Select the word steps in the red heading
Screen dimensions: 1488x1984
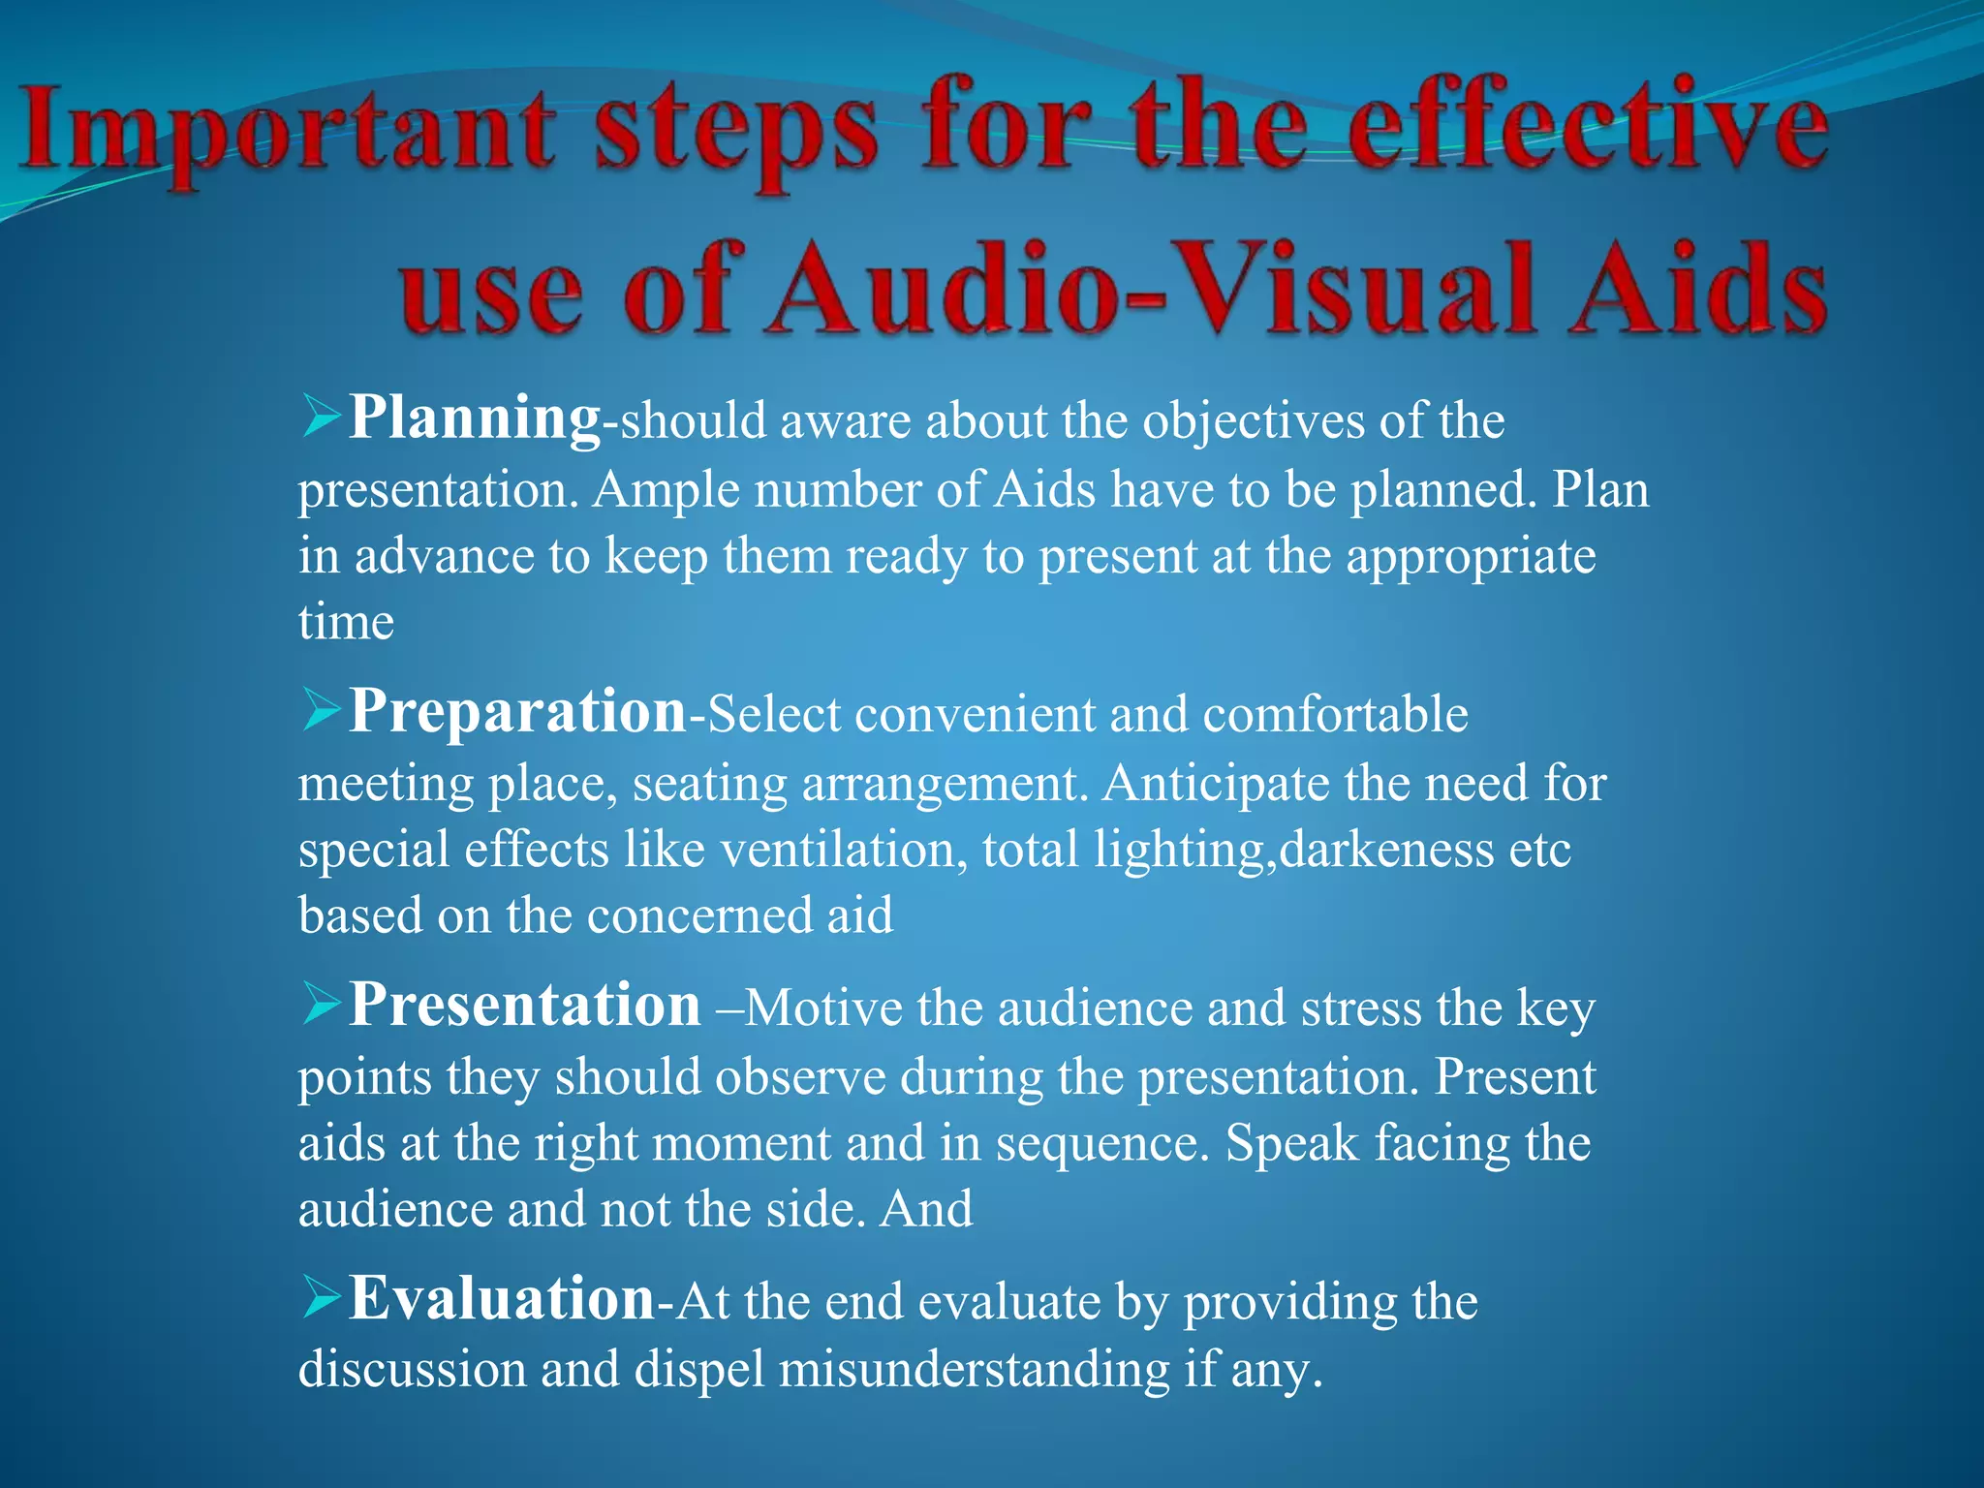tap(736, 136)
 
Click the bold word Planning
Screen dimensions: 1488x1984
tap(475, 418)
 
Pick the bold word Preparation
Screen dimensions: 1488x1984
tap(518, 712)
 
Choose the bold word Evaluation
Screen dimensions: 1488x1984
tap(502, 1299)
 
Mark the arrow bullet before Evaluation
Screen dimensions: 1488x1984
tap(321, 1297)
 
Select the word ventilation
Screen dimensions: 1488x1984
tap(843, 850)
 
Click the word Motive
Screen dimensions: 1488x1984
tap(823, 1008)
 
